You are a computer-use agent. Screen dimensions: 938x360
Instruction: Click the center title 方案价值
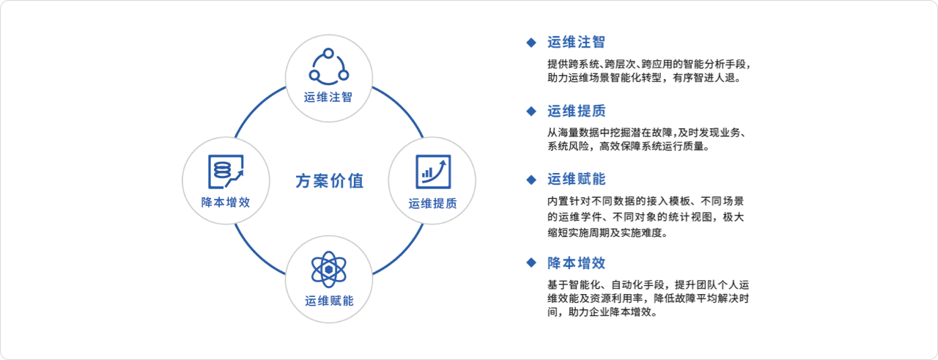[329, 181]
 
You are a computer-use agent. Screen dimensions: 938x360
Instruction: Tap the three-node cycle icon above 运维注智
[329, 67]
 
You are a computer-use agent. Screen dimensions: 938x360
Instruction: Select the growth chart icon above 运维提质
[433, 172]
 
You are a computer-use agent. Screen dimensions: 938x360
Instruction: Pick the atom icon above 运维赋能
[329, 270]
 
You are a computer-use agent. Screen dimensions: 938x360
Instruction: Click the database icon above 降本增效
[226, 172]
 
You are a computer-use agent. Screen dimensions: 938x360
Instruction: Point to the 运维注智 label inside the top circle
[328, 98]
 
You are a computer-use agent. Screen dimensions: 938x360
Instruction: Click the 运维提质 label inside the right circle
[432, 204]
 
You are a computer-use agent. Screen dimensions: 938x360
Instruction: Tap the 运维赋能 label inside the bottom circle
[329, 301]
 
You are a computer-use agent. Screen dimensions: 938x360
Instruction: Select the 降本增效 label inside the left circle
[226, 202]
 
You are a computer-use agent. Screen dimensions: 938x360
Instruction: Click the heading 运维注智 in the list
[576, 42]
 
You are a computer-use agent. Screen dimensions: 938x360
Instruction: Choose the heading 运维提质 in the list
[576, 111]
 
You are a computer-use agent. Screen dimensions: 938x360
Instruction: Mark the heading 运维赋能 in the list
[576, 180]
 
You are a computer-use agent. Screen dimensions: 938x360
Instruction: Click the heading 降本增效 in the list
[576, 263]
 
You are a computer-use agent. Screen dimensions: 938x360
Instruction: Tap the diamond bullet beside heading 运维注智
[531, 43]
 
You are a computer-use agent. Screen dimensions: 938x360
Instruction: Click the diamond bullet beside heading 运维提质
[531, 111]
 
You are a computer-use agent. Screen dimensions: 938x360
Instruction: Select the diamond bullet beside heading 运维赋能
[531, 180]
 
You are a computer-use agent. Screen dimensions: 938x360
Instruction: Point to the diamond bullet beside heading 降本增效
[531, 262]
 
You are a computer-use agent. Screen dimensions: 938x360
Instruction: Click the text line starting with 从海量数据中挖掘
[647, 133]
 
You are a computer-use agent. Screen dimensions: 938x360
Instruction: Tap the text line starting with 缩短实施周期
[608, 232]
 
